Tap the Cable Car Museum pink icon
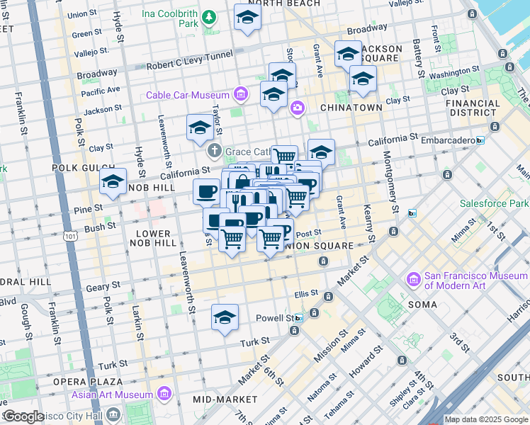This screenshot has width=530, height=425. [x=241, y=94]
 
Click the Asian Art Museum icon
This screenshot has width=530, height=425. [x=164, y=394]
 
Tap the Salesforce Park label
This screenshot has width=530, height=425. [x=494, y=203]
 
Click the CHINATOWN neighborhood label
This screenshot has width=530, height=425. [x=351, y=107]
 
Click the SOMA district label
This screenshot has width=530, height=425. [x=423, y=304]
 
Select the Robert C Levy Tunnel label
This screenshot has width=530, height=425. [x=191, y=65]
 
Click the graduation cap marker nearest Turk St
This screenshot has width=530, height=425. [x=225, y=317]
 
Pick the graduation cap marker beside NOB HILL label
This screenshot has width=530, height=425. [x=113, y=182]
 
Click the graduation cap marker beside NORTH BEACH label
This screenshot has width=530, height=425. [x=247, y=18]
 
